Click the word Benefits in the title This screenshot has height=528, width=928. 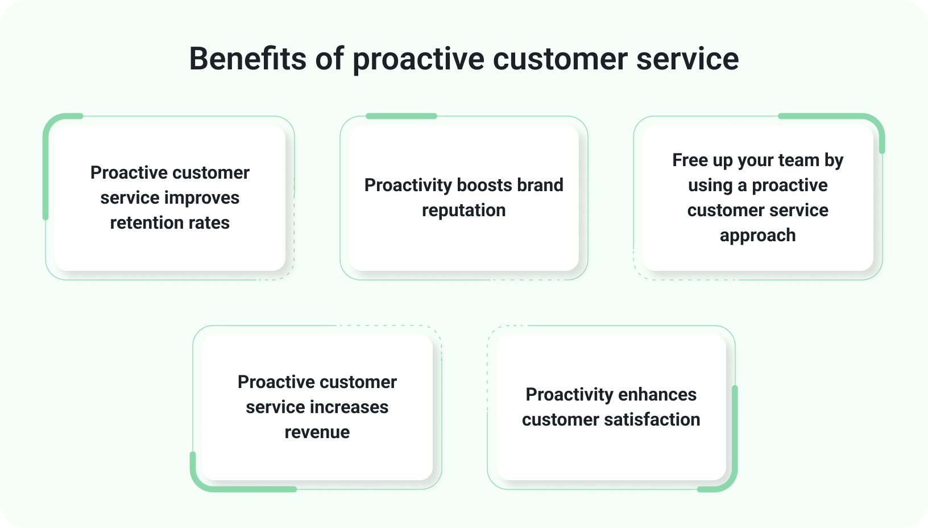(248, 59)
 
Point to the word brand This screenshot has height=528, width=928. (540, 185)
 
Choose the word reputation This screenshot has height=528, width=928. (463, 210)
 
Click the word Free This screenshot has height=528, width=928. (690, 160)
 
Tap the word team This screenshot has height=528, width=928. (785, 160)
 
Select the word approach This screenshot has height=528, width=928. (757, 235)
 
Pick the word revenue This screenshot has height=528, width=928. (317, 432)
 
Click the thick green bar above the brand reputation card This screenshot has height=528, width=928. (401, 116)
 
